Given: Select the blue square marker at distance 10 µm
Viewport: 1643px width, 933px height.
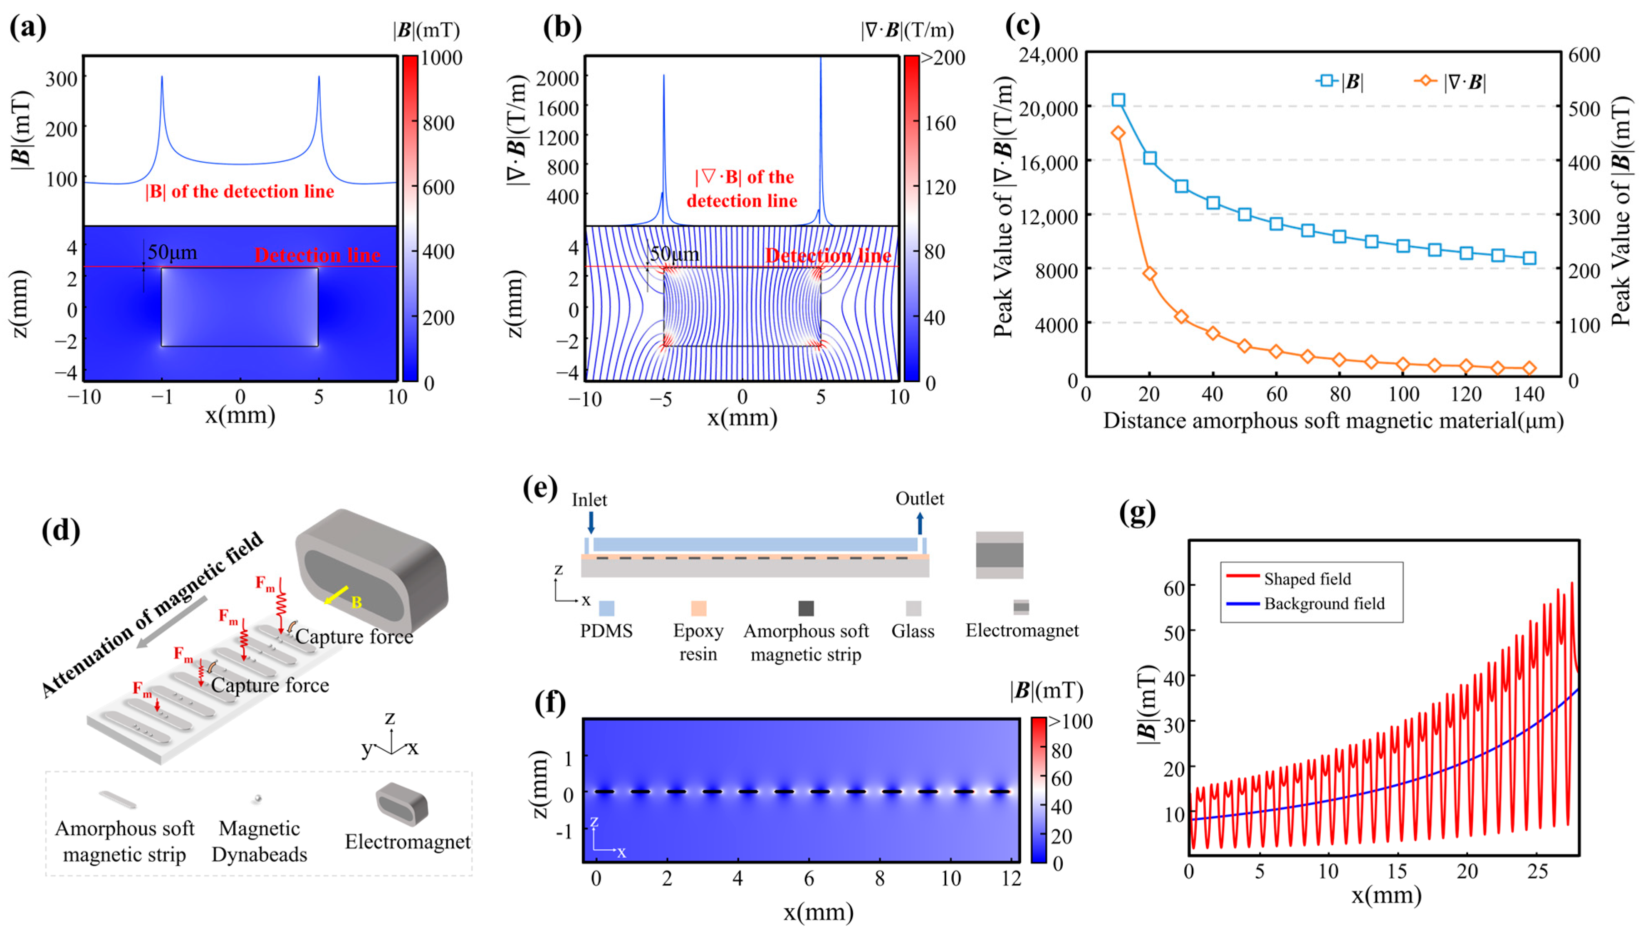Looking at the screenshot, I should [1118, 100].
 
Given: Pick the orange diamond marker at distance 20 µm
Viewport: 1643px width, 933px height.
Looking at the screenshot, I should [1150, 274].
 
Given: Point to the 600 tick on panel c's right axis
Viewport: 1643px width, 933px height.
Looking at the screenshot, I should [1584, 55].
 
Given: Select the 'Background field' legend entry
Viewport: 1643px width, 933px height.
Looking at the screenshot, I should [1323, 604].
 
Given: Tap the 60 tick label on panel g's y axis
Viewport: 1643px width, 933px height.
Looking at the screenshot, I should [1174, 587].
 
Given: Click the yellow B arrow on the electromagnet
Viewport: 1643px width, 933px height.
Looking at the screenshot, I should [337, 595].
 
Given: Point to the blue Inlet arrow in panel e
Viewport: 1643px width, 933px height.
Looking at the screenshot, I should [591, 522].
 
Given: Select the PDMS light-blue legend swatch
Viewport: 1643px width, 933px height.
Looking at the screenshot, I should [606, 607].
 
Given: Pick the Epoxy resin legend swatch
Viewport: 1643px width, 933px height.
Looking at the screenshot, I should [698, 607].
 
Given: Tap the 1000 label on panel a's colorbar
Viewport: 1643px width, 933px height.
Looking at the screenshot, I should [441, 58].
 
